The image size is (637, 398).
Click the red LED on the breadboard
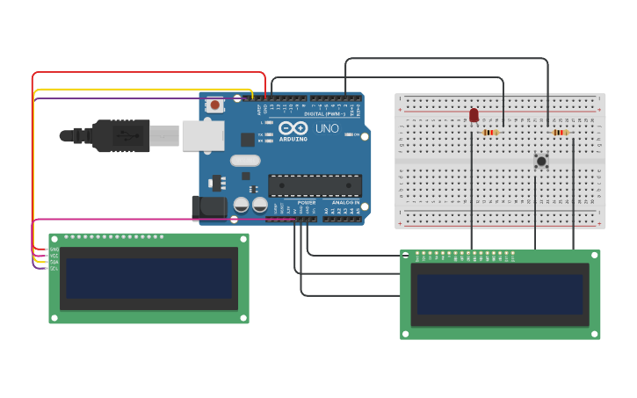coord(474,115)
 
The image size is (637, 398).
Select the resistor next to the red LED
coord(491,133)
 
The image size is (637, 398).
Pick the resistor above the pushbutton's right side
coord(561,133)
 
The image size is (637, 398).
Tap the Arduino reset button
coord(215,105)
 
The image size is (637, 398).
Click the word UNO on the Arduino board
coord(327,128)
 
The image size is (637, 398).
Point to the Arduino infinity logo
coord(293,128)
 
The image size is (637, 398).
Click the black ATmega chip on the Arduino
coord(315,185)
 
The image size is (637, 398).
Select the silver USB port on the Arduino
coord(202,135)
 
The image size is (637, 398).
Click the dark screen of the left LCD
coord(148,278)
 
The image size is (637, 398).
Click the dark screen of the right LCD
coord(500,294)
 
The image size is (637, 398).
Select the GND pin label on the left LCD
coord(54,249)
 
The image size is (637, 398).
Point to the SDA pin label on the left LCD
coord(54,262)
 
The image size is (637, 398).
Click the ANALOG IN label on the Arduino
coord(343,202)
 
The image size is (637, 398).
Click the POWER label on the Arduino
coord(307,202)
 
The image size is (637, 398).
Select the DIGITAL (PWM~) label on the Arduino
coord(323,114)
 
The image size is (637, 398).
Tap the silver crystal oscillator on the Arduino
coord(246,161)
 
